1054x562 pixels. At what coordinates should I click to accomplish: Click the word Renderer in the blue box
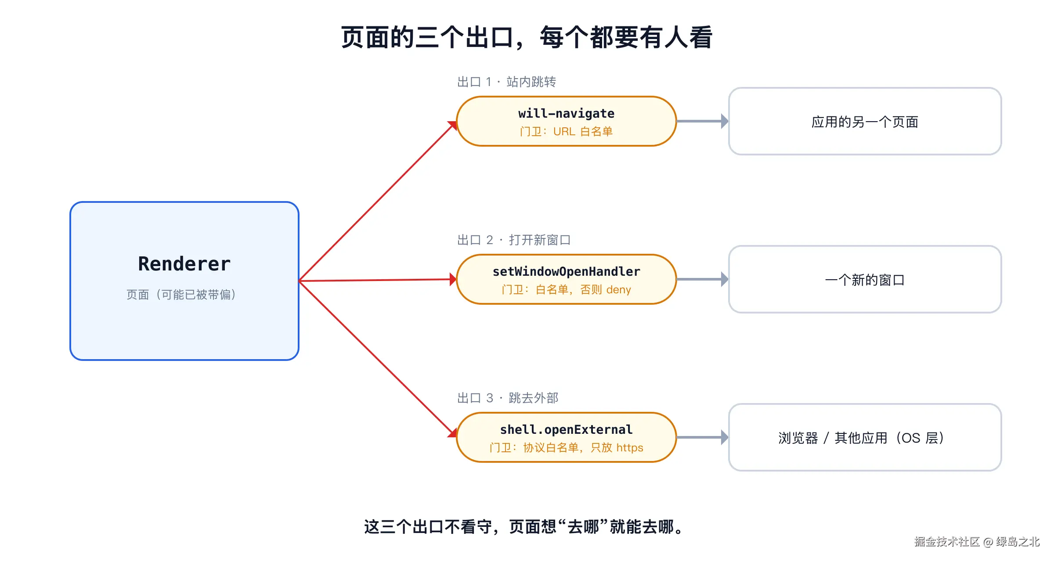(184, 264)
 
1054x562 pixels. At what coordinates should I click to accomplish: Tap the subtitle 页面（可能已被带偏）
(181, 294)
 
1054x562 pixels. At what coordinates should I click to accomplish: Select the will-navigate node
(566, 121)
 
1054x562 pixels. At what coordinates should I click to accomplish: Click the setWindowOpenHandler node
(566, 279)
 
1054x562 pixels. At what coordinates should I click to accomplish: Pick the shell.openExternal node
(566, 437)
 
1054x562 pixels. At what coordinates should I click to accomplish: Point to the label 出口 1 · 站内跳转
(506, 82)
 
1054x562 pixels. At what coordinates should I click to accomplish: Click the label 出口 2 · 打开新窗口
(514, 240)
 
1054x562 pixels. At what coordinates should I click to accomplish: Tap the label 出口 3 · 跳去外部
(508, 398)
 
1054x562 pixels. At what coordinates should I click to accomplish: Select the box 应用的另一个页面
(865, 121)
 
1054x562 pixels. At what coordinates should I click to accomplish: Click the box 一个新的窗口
(865, 279)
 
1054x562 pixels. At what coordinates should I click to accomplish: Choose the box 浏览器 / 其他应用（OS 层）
(865, 437)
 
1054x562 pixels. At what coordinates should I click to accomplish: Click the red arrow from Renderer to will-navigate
(378, 201)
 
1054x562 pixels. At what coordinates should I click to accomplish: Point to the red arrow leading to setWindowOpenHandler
(378, 280)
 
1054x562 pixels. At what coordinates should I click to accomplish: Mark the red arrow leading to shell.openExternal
(378, 359)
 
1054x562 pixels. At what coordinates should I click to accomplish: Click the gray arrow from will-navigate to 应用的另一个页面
(703, 121)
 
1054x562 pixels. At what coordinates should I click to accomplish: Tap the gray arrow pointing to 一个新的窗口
(703, 279)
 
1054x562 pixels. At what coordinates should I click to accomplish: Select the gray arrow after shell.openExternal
(703, 437)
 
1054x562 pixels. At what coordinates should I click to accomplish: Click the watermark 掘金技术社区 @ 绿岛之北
(977, 541)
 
